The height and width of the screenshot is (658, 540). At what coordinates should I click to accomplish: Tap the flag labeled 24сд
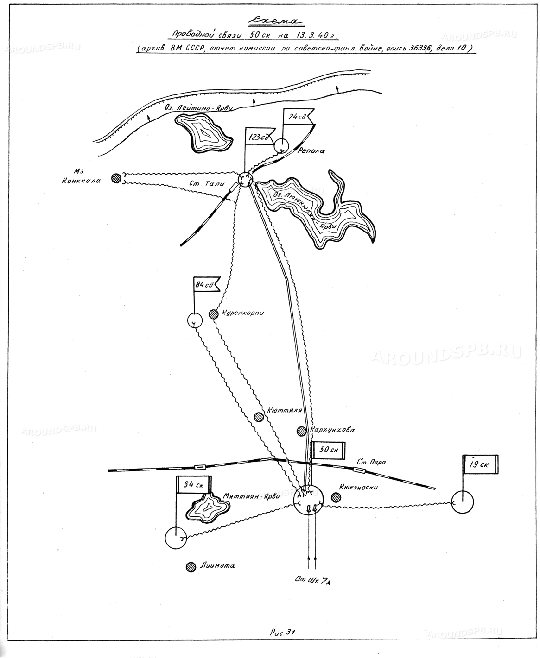point(296,117)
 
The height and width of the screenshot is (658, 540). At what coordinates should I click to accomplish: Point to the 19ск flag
point(480,464)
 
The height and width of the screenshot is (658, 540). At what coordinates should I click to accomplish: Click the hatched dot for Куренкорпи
point(213,314)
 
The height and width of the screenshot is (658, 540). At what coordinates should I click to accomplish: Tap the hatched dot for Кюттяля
point(259,417)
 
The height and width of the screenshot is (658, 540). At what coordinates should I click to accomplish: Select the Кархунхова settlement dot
point(302,431)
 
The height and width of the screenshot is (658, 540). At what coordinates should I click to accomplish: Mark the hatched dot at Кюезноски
point(336,497)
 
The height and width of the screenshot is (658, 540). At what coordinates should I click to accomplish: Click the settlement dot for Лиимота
point(190,566)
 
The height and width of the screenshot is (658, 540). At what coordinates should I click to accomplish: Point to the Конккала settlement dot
point(116,178)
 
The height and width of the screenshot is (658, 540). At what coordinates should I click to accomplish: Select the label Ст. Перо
point(371,462)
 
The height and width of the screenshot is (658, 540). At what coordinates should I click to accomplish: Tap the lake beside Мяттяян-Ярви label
point(207,509)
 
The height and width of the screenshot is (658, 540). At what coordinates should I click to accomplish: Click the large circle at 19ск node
point(463,502)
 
